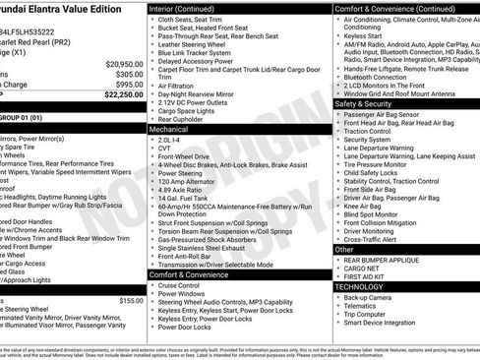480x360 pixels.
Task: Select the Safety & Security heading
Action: point(363,102)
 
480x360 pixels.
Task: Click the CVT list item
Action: point(164,150)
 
